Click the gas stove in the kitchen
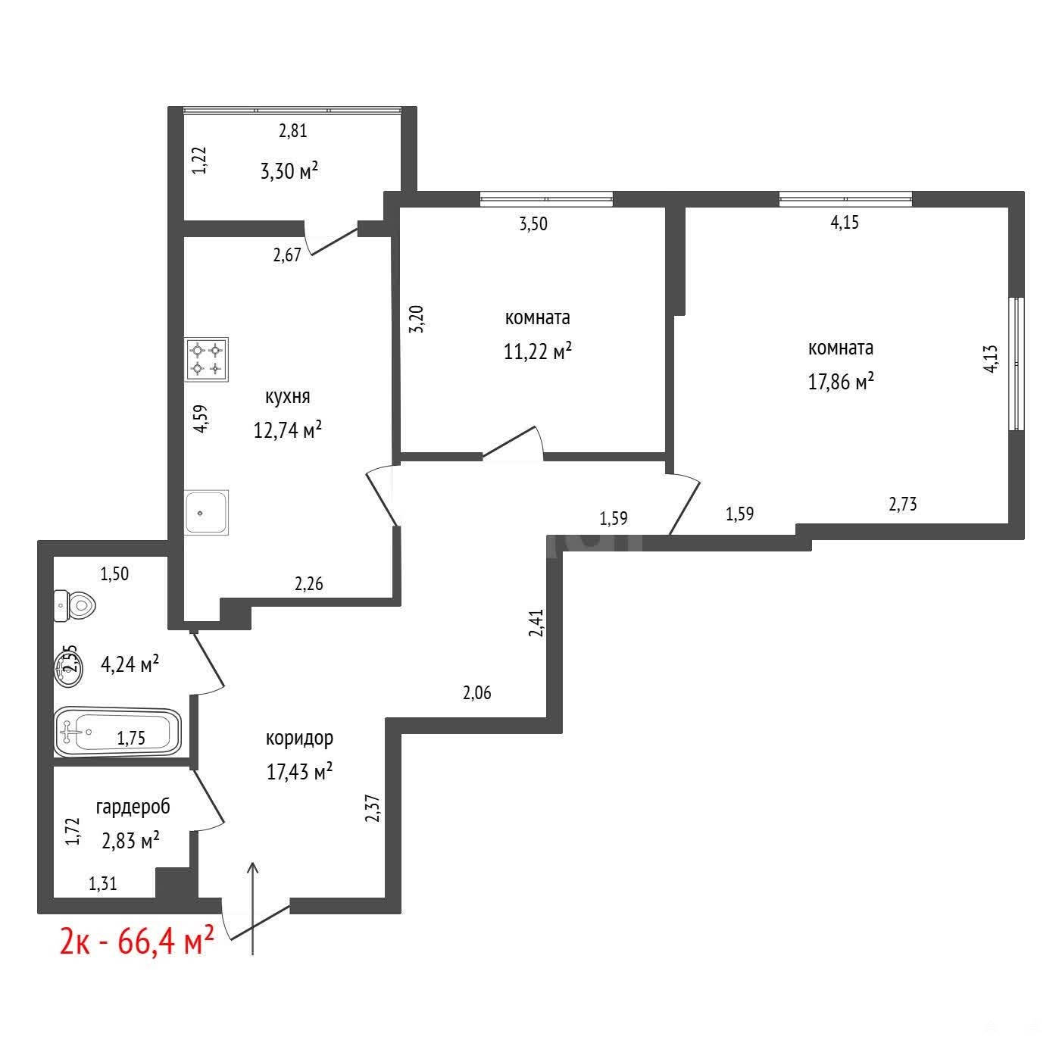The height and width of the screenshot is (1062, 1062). point(206,359)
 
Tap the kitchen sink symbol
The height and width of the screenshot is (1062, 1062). point(206,512)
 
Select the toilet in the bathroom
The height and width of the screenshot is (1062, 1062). point(75,606)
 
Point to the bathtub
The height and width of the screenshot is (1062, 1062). point(118,732)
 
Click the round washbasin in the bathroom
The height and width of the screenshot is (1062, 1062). point(69,669)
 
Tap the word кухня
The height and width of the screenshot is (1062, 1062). point(287,397)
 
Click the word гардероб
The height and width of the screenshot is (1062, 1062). point(133,807)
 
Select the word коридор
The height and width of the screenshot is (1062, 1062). point(299,738)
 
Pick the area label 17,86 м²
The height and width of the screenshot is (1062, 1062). point(841,380)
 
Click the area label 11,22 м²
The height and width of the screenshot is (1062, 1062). point(537,350)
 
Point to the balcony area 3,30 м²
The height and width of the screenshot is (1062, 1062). point(289,171)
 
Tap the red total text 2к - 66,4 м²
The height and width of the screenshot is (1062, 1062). point(136,941)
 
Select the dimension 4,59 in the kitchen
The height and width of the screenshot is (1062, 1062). point(201,419)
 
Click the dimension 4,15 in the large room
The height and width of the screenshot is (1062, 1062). point(845,222)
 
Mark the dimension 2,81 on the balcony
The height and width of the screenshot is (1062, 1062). point(292,131)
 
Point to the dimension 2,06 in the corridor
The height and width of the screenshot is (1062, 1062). point(476,693)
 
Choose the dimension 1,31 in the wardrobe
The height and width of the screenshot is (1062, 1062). point(103,884)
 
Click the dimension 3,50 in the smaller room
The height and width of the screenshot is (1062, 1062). point(533,223)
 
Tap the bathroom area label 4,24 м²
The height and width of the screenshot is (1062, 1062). point(130,664)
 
